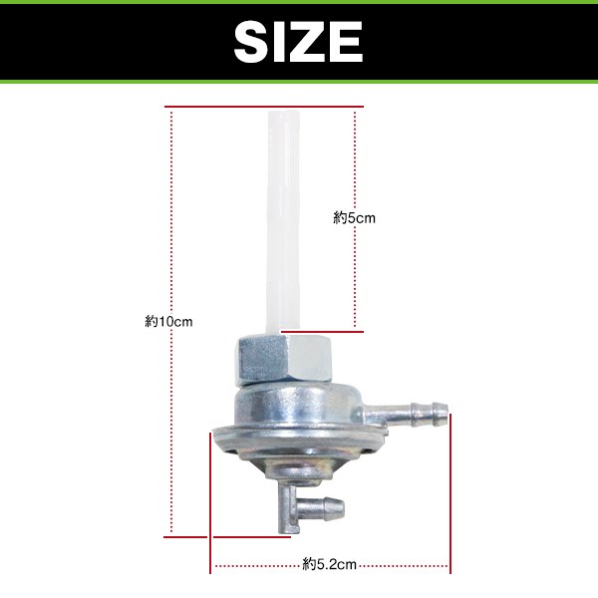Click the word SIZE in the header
tap(298, 42)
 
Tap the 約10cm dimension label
tap(168, 322)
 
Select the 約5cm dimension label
tap(354, 218)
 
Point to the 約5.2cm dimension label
tap(330, 564)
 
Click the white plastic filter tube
tap(283, 221)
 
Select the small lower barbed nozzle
tap(320, 507)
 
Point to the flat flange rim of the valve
tap(299, 439)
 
